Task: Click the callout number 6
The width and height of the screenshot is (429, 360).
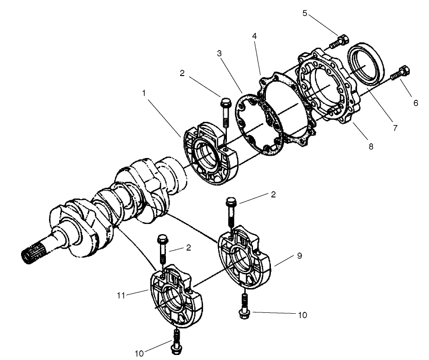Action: click(415, 104)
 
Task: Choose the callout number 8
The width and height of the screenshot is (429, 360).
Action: click(371, 147)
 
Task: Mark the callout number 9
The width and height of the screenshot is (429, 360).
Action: click(299, 256)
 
